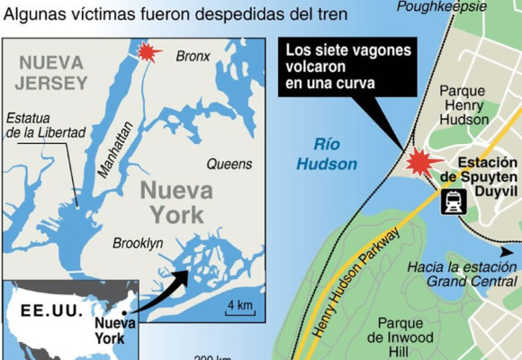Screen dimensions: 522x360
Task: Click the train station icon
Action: coord(453,203)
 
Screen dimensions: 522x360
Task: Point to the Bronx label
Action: coord(193,57)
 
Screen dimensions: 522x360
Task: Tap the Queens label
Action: coord(229,165)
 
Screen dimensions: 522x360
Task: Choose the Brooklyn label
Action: coord(138,243)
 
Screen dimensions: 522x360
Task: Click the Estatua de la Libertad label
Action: coord(44,126)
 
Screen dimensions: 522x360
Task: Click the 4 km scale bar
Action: coord(239,306)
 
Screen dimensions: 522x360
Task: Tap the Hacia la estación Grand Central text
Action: coord(458,274)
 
